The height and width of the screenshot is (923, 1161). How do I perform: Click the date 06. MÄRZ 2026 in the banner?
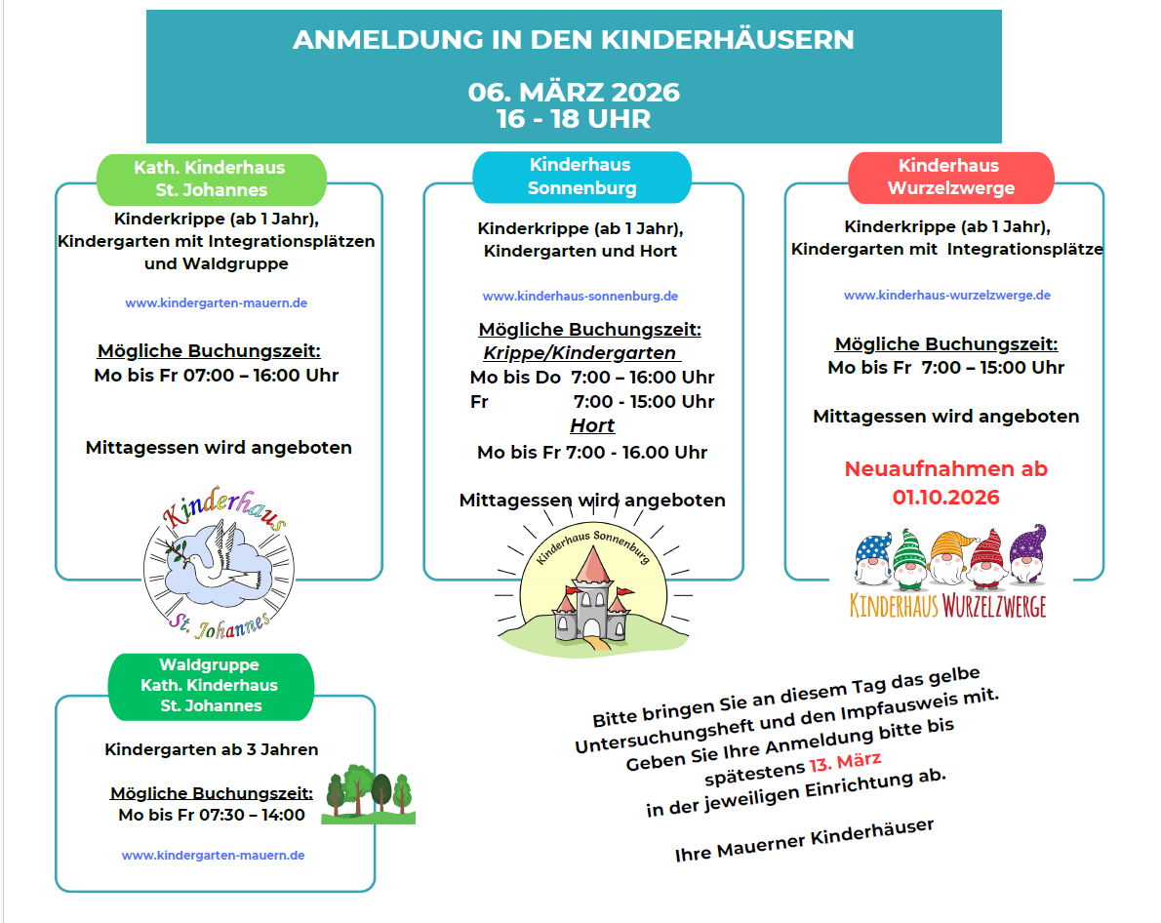[x=574, y=93]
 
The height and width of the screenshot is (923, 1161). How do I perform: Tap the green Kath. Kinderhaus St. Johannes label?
[x=211, y=179]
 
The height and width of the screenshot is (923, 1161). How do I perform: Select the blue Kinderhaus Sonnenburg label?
[x=581, y=177]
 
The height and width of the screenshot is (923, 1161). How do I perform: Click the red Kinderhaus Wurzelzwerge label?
[x=950, y=177]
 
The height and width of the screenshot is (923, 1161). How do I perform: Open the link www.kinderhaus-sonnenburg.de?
[x=580, y=296]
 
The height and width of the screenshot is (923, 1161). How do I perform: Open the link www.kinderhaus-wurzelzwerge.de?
[x=946, y=295]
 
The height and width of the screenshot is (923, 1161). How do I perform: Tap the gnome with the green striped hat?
[x=908, y=559]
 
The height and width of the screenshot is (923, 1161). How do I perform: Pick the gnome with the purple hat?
[x=1026, y=555]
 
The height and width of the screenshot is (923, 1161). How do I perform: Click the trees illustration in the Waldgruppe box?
[x=369, y=794]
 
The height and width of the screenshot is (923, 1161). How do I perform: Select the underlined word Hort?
[x=592, y=425]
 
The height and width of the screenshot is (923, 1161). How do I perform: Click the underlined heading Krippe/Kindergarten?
[x=580, y=353]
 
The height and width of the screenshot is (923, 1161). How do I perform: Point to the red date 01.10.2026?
[x=945, y=498]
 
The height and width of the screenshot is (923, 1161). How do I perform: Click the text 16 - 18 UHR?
[x=574, y=119]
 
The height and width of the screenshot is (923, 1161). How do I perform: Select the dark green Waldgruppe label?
[x=211, y=685]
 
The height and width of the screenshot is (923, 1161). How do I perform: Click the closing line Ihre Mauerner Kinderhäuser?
[x=804, y=840]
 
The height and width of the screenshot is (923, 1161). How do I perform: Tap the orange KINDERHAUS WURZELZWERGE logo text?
[x=947, y=605]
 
